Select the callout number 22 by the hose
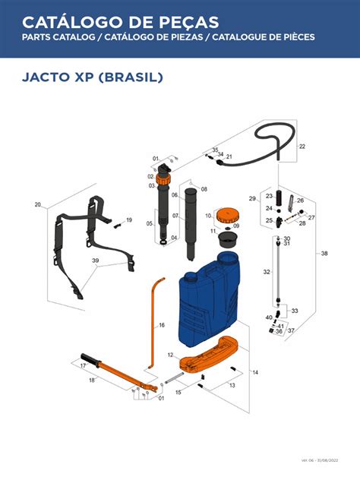click(x=302, y=146)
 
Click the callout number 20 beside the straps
click(x=38, y=205)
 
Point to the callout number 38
click(x=324, y=253)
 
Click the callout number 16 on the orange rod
click(x=161, y=325)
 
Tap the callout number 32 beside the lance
click(x=266, y=272)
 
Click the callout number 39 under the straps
click(x=96, y=261)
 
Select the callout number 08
click(x=204, y=189)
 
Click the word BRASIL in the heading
click(x=130, y=77)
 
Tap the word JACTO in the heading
click(x=48, y=77)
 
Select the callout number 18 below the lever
click(x=92, y=380)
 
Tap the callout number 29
click(x=252, y=199)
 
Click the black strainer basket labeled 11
click(x=226, y=239)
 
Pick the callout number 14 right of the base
click(x=255, y=372)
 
